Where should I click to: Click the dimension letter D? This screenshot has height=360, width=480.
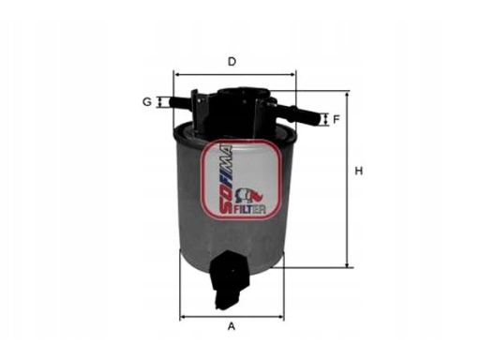[232, 62]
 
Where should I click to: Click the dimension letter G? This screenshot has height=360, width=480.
[147, 102]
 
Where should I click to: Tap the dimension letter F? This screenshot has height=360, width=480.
[337, 119]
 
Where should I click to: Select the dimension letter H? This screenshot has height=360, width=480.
[359, 171]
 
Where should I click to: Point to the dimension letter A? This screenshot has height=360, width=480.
[232, 326]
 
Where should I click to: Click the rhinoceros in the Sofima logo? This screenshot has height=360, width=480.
[249, 196]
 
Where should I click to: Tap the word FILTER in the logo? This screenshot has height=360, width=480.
[249, 210]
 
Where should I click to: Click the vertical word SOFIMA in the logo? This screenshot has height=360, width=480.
[226, 180]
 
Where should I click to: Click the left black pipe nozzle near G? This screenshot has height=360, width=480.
[181, 102]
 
